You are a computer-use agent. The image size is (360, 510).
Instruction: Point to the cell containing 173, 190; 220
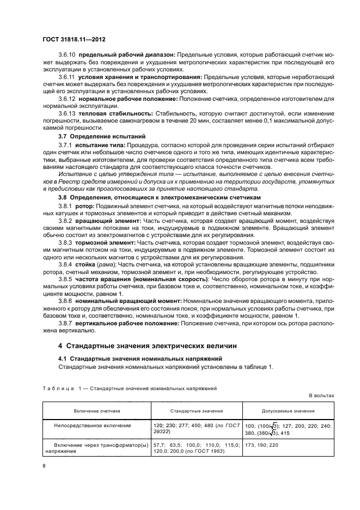[263, 445]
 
